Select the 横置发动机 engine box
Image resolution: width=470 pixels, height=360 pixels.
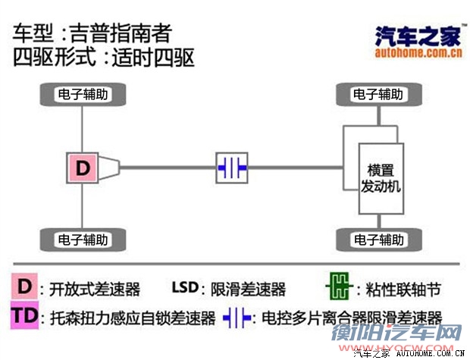(378, 178)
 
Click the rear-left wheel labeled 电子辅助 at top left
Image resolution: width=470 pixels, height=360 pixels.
(83, 95)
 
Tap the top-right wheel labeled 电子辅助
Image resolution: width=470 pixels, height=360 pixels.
(378, 95)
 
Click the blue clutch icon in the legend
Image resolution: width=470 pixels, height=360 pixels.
(238, 317)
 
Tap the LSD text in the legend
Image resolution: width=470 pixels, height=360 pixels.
(184, 289)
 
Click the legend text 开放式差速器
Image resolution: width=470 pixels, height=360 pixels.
(95, 290)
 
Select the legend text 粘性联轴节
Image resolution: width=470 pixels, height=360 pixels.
(403, 290)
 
